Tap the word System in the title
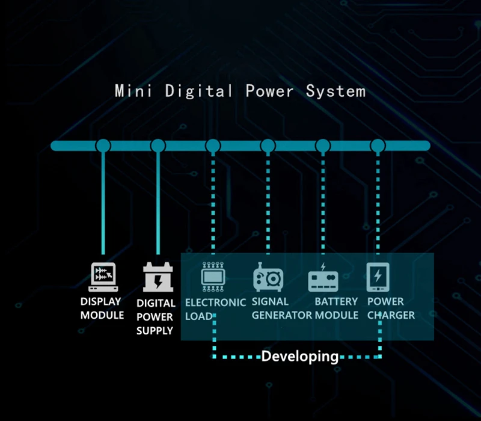(335, 91)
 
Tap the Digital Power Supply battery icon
(158, 277)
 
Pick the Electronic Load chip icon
(212, 277)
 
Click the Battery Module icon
(323, 278)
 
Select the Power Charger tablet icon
(378, 277)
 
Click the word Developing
(299, 356)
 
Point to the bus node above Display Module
(103, 146)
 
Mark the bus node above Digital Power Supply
(158, 146)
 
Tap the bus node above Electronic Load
(213, 146)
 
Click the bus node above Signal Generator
(268, 146)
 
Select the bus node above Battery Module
(323, 146)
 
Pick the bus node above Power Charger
(378, 146)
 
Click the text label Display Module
(102, 308)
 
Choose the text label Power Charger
(390, 308)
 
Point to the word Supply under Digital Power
(155, 330)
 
